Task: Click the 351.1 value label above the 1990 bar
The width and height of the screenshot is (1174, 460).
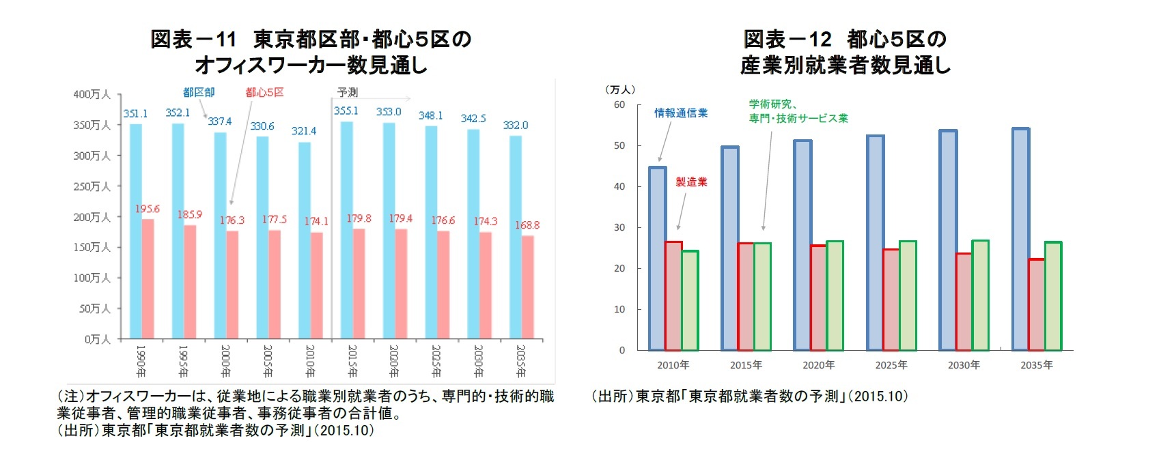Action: point(135,114)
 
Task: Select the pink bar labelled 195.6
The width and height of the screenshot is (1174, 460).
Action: point(148,278)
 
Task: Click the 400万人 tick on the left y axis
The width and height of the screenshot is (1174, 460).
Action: point(92,94)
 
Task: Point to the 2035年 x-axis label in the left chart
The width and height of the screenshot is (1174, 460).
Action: point(520,362)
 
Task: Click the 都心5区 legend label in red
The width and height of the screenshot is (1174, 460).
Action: point(264,92)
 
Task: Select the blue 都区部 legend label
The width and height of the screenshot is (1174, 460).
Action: point(199,92)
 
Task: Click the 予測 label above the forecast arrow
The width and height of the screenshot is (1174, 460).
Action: point(348,92)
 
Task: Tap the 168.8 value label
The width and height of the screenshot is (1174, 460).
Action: point(527,225)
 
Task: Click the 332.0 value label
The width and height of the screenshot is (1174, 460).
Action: point(515,126)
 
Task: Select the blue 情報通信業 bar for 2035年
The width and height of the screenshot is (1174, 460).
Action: point(1020,240)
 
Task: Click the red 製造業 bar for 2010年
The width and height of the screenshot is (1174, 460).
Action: point(673,296)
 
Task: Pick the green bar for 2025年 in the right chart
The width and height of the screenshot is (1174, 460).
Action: point(908,296)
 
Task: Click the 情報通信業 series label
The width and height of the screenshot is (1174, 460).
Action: point(681,113)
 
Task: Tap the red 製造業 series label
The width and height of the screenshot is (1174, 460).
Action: point(691,182)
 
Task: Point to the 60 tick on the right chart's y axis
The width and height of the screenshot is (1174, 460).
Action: point(619,104)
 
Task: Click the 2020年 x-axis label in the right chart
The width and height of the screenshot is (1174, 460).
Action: point(818,365)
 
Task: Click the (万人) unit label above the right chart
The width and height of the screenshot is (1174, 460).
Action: point(620,89)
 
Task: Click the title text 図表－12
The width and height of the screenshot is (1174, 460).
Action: point(787,40)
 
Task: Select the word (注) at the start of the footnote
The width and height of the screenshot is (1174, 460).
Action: point(70,397)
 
